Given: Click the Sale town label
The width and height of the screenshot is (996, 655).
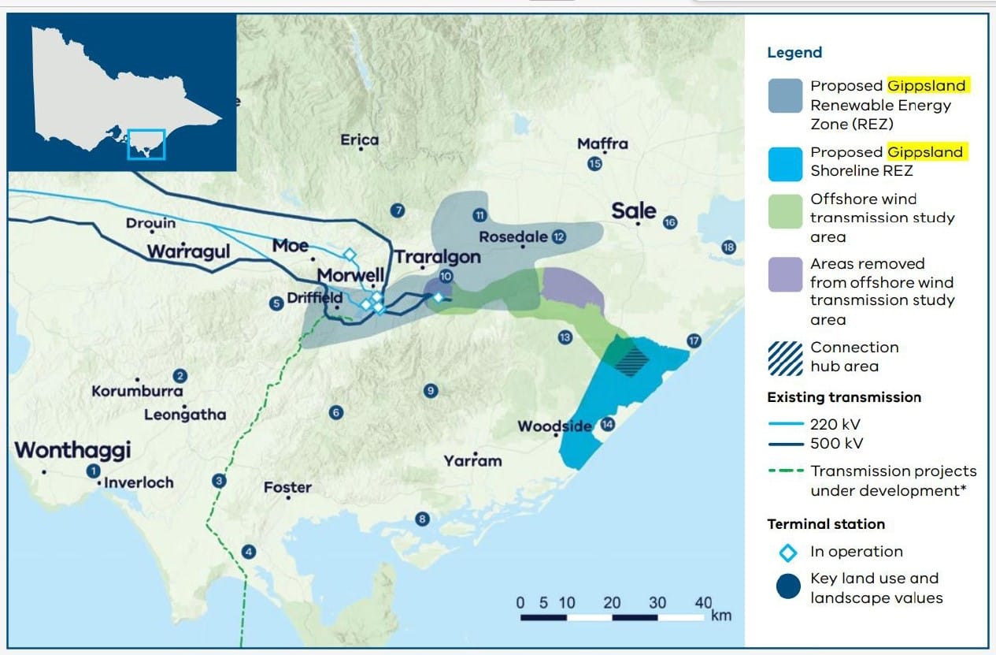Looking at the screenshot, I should pos(634,210).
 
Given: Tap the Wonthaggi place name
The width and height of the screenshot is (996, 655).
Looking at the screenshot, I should pos(72,450).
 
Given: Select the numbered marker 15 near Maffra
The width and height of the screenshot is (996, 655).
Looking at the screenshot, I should pos(594,164).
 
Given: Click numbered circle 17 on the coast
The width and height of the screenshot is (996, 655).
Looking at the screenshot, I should pos(694,341).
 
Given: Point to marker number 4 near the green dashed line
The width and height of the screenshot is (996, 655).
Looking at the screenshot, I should pos(250,552).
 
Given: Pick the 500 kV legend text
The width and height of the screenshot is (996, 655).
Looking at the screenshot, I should pos(836,443).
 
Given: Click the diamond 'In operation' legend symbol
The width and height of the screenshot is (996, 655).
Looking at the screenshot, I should pos(787,552).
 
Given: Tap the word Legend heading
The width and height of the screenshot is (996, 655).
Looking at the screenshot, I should pos(794,53).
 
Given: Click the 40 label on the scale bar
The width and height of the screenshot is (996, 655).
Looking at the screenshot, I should pos(703,602).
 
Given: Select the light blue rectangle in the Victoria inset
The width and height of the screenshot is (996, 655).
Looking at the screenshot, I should pos(146,145).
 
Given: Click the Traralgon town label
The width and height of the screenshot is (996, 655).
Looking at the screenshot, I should pos(437,257).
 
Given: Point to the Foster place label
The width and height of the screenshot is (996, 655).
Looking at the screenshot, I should pos(287,487).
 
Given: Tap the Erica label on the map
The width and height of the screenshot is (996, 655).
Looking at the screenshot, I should pos(359,140).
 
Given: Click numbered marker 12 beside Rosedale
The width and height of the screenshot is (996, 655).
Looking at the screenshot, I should pos(559,236).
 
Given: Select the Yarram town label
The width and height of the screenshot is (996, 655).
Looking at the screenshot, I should pos(472,460).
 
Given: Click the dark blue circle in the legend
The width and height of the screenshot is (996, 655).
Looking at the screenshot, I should pos(787,587).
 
